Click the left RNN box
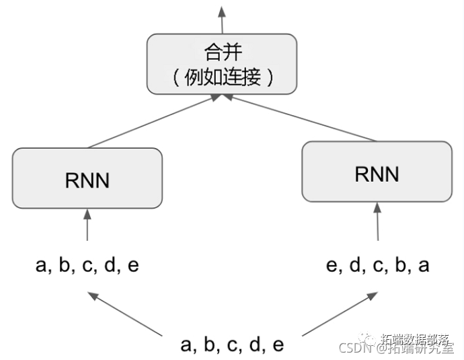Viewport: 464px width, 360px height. [87, 179]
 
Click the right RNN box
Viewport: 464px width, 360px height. [377, 172]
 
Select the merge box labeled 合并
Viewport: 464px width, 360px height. [221, 64]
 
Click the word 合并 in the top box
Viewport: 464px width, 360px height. [221, 52]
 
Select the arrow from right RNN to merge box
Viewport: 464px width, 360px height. [303, 118]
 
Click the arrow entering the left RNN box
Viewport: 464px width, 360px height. [87, 225]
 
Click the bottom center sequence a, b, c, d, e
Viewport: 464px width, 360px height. [232, 345]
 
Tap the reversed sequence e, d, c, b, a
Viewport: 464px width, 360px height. [377, 264]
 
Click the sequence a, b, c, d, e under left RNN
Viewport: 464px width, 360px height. [87, 264]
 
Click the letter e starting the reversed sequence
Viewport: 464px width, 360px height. [332, 265]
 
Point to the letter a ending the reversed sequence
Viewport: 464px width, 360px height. [424, 265]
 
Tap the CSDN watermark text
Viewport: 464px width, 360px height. [355, 348]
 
